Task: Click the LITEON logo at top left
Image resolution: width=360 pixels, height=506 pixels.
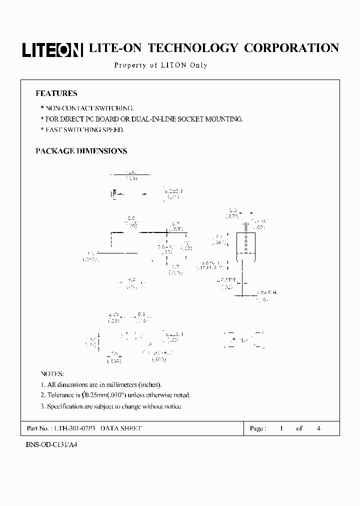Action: coord(52,49)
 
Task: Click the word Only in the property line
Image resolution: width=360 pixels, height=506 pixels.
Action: coord(198,65)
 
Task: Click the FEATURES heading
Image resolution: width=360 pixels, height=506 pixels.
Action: coord(56,93)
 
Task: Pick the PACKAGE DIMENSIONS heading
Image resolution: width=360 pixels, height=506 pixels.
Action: coord(81,151)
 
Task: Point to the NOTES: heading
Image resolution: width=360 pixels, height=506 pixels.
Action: coord(52,374)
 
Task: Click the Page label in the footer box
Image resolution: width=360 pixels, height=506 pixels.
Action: coord(258,428)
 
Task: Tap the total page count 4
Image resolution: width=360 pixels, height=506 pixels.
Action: coord(319,428)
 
